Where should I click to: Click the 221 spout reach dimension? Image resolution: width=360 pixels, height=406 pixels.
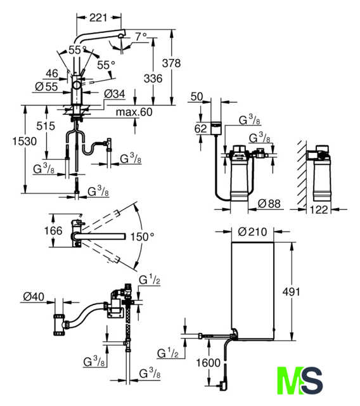coord(98,18)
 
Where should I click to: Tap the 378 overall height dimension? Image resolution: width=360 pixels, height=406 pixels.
coord(172,63)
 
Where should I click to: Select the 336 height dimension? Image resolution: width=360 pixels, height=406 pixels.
coord(153,79)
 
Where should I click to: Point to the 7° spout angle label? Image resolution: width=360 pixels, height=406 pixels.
coord(141,37)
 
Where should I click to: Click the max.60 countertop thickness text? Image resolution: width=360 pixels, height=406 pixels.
coord(134,112)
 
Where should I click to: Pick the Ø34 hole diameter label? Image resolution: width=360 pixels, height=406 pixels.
coord(115,94)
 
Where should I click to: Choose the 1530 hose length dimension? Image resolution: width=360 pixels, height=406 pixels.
coord(25,141)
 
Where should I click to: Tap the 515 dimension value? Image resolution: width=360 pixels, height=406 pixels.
coord(46,126)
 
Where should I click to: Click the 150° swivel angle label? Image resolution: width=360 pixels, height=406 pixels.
coord(142,237)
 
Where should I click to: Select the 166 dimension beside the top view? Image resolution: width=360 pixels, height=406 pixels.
coord(53,230)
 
